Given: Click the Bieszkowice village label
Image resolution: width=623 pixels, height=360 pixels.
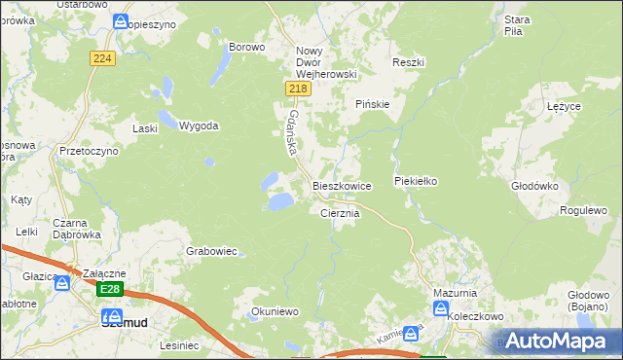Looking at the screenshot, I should point(342,185).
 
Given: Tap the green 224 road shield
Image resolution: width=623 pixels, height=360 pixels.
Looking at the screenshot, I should point(102,58).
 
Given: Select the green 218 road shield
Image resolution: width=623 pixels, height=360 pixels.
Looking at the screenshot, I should point(299,90).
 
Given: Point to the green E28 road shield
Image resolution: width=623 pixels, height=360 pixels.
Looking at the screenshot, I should point(110,289).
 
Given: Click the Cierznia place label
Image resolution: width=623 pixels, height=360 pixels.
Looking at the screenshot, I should point(341,212).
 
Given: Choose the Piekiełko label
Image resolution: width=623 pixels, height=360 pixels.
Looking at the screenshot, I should point(419,181).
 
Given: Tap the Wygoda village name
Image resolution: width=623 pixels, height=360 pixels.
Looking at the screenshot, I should point(199,126).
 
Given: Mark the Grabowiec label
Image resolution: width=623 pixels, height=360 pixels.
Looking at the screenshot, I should point(211,251).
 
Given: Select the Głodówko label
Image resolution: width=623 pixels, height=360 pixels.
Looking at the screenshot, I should point(533,184).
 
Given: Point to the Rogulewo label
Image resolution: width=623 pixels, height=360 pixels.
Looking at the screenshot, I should point(583,210).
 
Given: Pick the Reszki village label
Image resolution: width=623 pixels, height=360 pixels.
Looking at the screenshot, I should point(409,62).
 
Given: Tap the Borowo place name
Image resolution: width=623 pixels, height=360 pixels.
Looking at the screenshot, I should point(246,47).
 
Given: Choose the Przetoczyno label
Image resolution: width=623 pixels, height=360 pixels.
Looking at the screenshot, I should point(88,152).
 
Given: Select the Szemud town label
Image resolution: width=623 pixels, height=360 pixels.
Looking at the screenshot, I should point(124,320).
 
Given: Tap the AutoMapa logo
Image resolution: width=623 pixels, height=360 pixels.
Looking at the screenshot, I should point(557,341).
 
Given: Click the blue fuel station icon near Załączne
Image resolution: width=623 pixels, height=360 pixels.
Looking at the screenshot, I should point(62,283).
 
